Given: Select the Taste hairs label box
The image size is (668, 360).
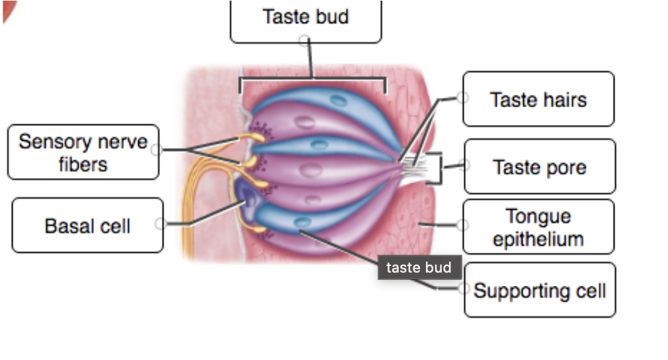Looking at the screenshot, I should (538, 99).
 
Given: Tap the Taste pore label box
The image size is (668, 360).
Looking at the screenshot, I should (539, 167).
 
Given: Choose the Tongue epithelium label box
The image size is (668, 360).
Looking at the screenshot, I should (538, 227).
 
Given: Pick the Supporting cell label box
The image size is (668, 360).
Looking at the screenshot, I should (540, 291).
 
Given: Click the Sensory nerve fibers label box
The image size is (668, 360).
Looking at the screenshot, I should (83, 152).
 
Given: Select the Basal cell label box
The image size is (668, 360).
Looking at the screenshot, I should (87, 226).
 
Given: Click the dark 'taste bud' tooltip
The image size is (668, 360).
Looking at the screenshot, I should (419, 267).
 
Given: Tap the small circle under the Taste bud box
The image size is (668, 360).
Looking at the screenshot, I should (304, 41).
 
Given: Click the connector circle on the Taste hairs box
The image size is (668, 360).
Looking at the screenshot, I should (462, 98).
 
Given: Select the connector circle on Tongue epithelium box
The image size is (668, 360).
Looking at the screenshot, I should (463, 226).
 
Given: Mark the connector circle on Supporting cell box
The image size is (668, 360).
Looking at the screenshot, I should (464, 288).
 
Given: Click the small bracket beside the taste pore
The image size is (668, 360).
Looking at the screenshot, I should (437, 169).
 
